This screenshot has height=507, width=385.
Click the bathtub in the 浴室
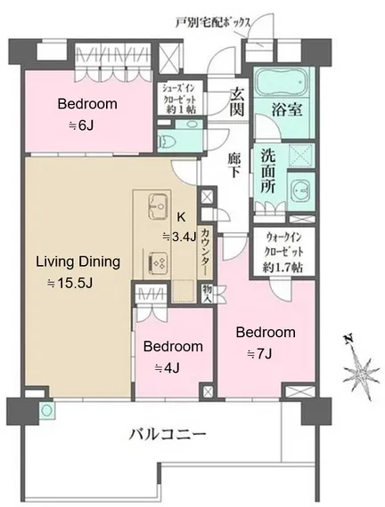click(x=282, y=81)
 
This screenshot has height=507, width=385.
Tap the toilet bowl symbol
click(x=168, y=141)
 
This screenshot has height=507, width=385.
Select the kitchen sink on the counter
click(x=158, y=206)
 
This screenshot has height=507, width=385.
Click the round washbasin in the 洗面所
click(x=301, y=190)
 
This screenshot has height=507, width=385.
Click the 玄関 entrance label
click(x=236, y=101)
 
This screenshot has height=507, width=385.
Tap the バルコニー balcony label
click(x=168, y=433)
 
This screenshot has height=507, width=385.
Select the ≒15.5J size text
click(x=70, y=283)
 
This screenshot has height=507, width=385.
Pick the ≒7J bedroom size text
click(x=259, y=354)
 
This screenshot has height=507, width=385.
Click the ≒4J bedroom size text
click(x=168, y=368)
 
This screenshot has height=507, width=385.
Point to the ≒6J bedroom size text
click(x=81, y=125)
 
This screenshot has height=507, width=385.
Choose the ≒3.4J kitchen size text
click(x=179, y=237)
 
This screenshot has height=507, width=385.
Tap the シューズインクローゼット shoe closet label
click(x=179, y=98)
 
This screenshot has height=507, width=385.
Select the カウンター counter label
click(x=206, y=250)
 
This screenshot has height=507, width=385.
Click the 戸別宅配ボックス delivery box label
click(x=213, y=22)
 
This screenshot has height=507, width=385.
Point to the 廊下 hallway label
click(x=234, y=165)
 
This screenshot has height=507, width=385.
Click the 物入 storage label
click(x=208, y=293)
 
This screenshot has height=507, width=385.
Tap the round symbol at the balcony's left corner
click(x=47, y=410)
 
